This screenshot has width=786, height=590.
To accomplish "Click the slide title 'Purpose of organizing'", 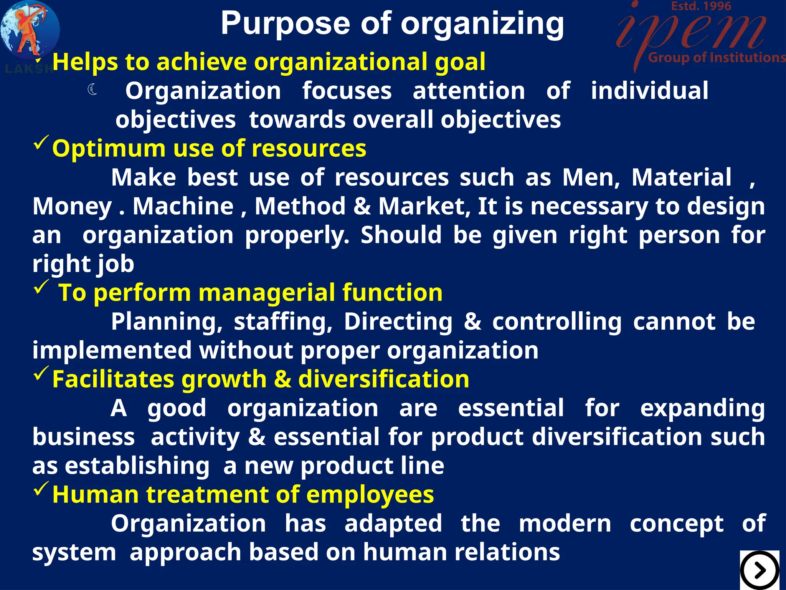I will pyautogui.click(x=392, y=24).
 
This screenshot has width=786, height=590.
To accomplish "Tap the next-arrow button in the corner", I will pyautogui.click(x=759, y=570).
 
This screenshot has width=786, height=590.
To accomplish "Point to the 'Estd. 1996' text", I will pyautogui.click(x=701, y=6).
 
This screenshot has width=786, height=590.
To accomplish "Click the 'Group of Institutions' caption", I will pyautogui.click(x=716, y=58).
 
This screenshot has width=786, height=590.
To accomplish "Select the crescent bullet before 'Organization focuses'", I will pyautogui.click(x=92, y=90).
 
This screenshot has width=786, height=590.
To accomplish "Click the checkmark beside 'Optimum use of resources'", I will pyautogui.click(x=41, y=143).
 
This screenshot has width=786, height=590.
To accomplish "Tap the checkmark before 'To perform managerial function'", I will pyautogui.click(x=41, y=287).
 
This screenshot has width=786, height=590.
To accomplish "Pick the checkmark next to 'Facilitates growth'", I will pyautogui.click(x=41, y=373).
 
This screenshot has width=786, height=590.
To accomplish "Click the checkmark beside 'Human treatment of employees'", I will pyautogui.click(x=41, y=489).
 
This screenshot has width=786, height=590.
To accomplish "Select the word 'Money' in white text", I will pyautogui.click(x=72, y=207).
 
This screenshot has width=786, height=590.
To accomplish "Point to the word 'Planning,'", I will pyautogui.click(x=167, y=322).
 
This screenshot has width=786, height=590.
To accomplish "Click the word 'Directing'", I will pyautogui.click(x=398, y=322).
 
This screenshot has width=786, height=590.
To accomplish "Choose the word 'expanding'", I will pyautogui.click(x=702, y=409).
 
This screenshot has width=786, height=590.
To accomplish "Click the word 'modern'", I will pyautogui.click(x=565, y=524).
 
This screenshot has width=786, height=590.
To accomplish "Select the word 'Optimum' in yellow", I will pyautogui.click(x=109, y=149).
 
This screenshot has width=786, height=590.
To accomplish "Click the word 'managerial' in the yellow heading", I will pyautogui.click(x=266, y=293).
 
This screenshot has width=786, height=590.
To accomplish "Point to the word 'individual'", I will pyautogui.click(x=649, y=91).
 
